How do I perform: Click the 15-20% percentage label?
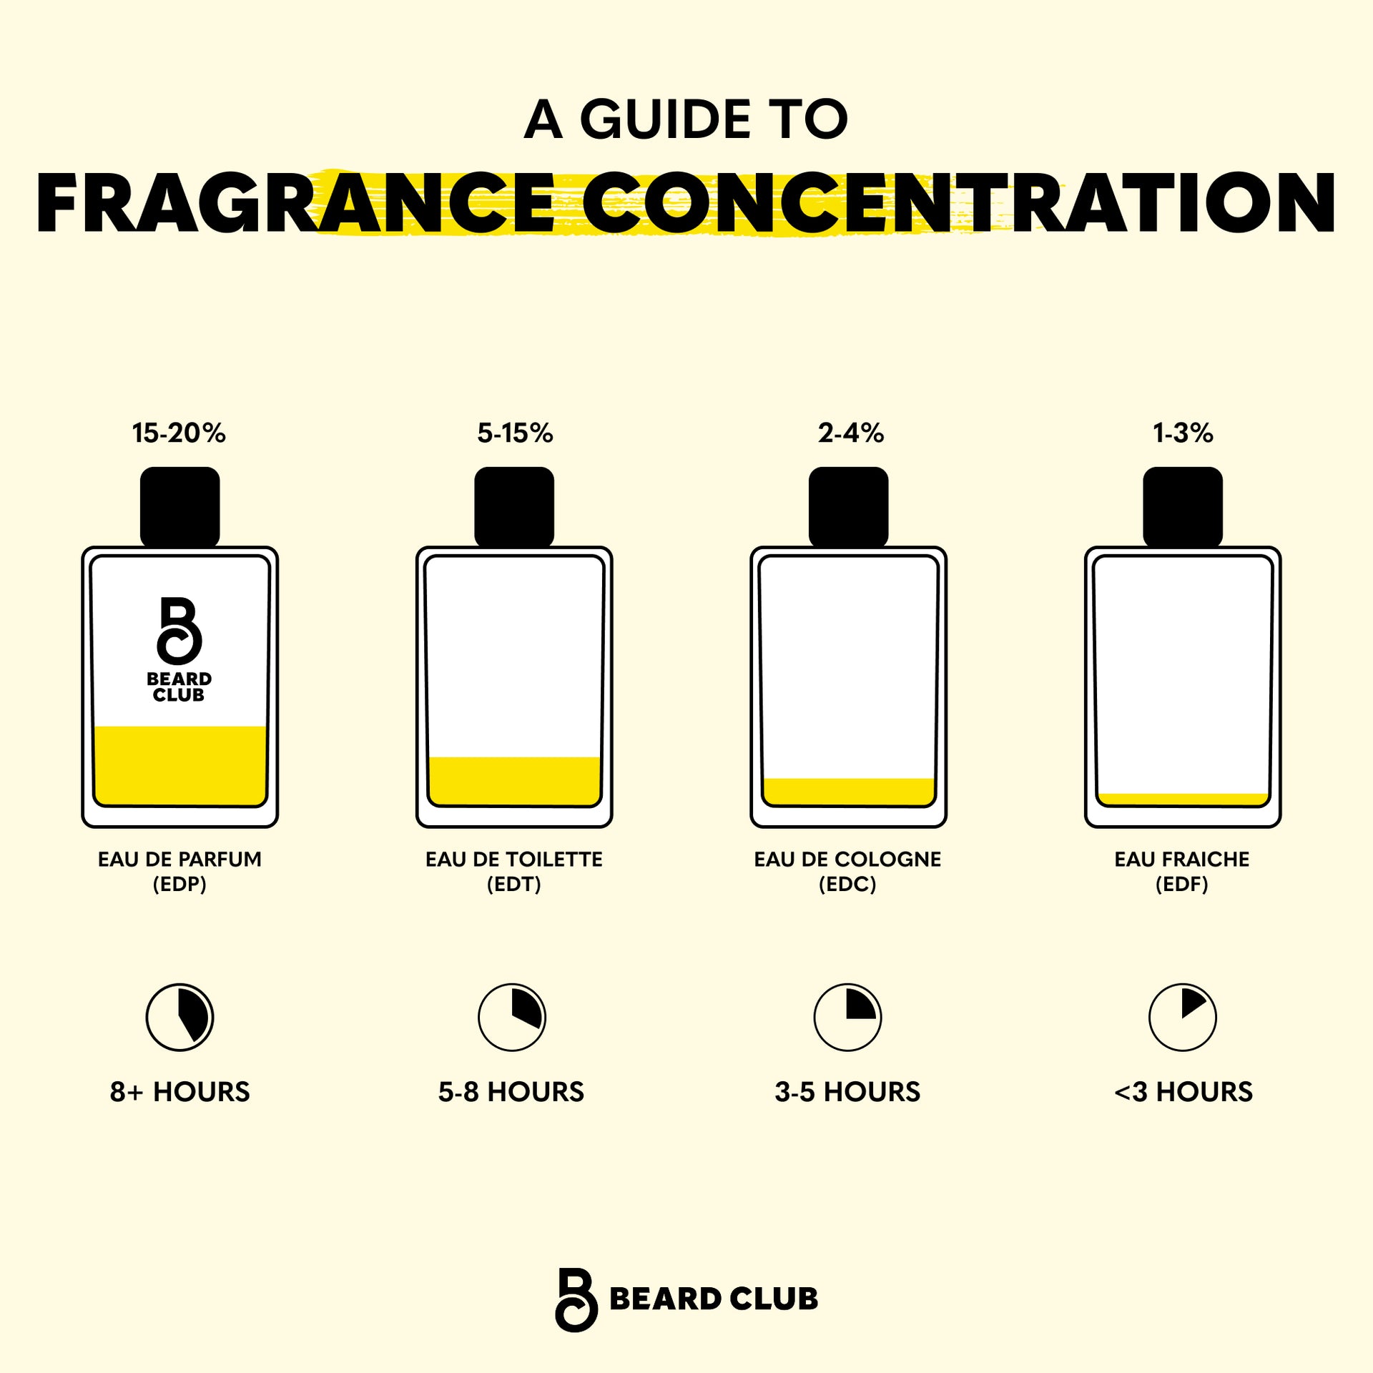[x=179, y=433]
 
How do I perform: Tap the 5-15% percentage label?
[x=515, y=433]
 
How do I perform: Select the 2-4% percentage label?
[x=850, y=433]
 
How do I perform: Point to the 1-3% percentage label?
[x=1183, y=433]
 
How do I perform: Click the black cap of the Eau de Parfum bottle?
[x=179, y=506]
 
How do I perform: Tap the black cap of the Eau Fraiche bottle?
[x=1182, y=506]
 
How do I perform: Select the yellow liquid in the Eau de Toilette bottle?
[x=514, y=781]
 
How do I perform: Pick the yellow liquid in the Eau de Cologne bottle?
[x=848, y=791]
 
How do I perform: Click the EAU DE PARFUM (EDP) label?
[x=179, y=871]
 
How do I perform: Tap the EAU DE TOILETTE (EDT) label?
[x=513, y=871]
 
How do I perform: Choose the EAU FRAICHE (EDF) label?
[x=1181, y=871]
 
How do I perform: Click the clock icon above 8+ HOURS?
[x=179, y=1017]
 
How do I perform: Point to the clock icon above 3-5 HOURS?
[x=847, y=1017]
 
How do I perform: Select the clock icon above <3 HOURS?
[x=1182, y=1017]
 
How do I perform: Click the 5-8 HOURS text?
[x=511, y=1092]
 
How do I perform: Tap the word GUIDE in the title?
[x=665, y=119]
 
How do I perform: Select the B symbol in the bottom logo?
[x=576, y=1300]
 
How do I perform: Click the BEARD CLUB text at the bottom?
[x=713, y=1299]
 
